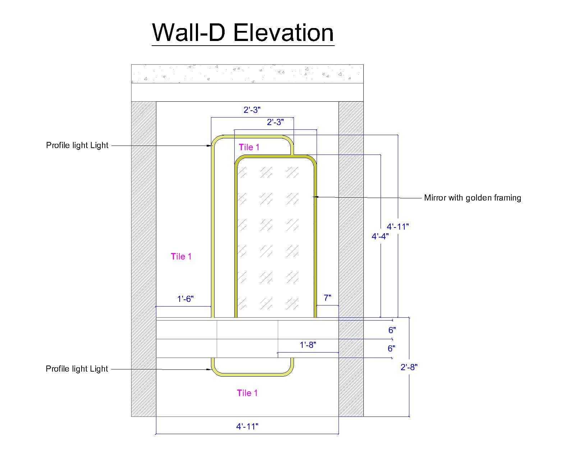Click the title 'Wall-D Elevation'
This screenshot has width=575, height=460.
(x=243, y=33)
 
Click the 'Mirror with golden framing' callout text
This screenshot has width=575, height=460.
(x=472, y=198)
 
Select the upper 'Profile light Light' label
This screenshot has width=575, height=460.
(x=77, y=145)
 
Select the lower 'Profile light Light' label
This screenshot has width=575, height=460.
(x=77, y=369)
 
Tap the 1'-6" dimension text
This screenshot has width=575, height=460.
(x=185, y=299)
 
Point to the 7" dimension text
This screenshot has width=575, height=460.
(x=327, y=298)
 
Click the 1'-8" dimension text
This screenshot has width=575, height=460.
(x=308, y=345)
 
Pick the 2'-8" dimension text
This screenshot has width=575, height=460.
(x=409, y=367)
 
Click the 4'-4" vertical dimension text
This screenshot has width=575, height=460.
(x=380, y=236)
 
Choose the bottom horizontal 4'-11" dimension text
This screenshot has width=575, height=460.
(x=247, y=427)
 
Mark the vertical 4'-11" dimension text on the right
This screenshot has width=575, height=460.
(x=398, y=227)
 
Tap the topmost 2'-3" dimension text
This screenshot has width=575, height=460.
(x=252, y=110)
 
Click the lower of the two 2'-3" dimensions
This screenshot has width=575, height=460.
(x=275, y=122)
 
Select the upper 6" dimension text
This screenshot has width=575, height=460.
(x=392, y=330)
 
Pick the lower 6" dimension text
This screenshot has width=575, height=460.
(x=391, y=348)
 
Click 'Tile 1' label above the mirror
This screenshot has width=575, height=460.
(x=249, y=147)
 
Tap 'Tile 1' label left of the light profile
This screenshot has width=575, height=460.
(x=181, y=256)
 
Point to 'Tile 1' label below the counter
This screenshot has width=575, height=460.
(x=247, y=393)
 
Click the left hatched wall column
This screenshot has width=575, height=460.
(x=144, y=259)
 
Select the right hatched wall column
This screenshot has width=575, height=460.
(x=351, y=259)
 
